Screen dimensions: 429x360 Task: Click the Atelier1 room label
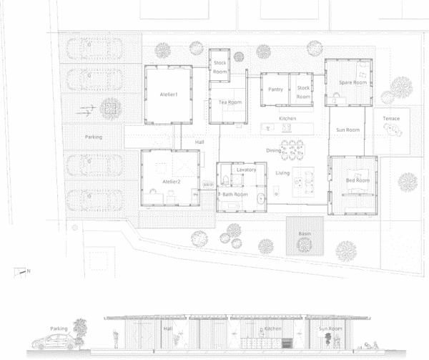coord(169,94)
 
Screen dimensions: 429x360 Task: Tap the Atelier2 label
coord(172,182)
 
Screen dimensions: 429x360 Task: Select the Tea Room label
coord(230,102)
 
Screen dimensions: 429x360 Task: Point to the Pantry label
coord(275,89)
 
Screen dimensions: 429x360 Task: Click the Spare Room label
coord(352,82)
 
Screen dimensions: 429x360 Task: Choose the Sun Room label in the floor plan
coord(347,130)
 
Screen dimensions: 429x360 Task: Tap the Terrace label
coord(391,119)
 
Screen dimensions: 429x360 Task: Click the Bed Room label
coord(357,180)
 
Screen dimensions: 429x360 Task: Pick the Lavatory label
coord(246,170)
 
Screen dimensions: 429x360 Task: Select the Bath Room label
coord(235,195)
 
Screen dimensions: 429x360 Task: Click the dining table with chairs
coord(292,150)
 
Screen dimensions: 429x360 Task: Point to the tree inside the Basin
coord(304,245)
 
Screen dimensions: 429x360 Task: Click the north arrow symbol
coord(20,273)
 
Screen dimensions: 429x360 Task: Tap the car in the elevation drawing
coord(54,342)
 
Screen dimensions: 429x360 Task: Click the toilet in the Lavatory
coord(226,180)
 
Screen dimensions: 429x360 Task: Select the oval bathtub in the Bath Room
coord(261,198)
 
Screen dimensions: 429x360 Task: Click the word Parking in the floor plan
coord(94,137)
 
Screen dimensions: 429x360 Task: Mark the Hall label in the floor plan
coord(199,142)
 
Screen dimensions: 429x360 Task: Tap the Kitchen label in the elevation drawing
coord(273,329)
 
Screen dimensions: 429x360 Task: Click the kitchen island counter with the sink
coord(287,128)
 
